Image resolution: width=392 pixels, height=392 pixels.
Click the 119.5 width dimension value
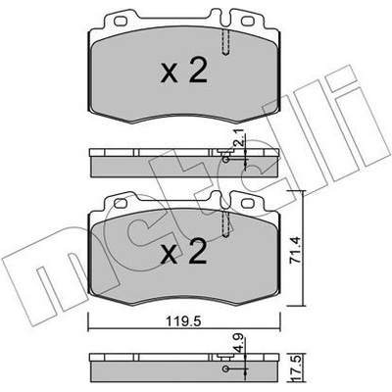(184, 321)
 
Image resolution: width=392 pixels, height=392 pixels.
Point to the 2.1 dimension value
(239, 137)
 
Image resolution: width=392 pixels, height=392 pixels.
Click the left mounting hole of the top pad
(121, 22)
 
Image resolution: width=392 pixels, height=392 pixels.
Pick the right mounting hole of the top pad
(247, 22)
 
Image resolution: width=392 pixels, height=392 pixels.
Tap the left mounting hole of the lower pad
(121, 204)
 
